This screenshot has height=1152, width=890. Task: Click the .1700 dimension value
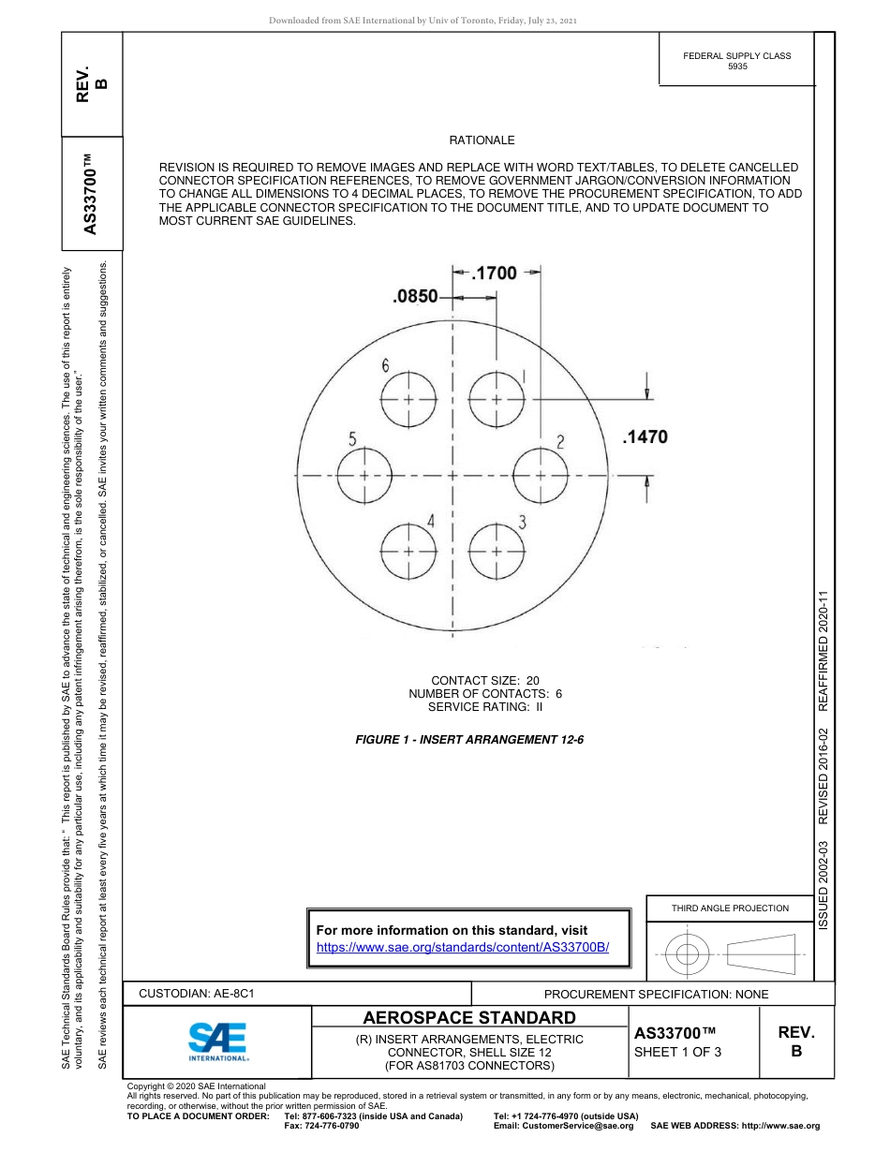tap(494, 273)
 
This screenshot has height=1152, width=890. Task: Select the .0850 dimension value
tap(415, 297)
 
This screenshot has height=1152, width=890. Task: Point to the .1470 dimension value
tap(645, 436)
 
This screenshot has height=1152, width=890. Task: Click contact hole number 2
tap(541, 475)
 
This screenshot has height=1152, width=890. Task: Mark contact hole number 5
tap(364, 475)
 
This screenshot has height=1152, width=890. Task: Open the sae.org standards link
tap(463, 947)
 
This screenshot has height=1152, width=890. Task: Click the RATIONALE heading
tap(482, 140)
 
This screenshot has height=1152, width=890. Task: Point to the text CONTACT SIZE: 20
tap(484, 681)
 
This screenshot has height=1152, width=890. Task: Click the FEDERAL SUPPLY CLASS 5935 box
tap(736, 61)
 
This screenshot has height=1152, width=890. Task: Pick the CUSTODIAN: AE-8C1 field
tap(197, 994)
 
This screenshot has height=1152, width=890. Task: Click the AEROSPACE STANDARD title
tap(469, 1018)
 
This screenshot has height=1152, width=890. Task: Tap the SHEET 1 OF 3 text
tap(677, 1052)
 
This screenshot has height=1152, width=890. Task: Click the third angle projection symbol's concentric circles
tap(689, 955)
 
